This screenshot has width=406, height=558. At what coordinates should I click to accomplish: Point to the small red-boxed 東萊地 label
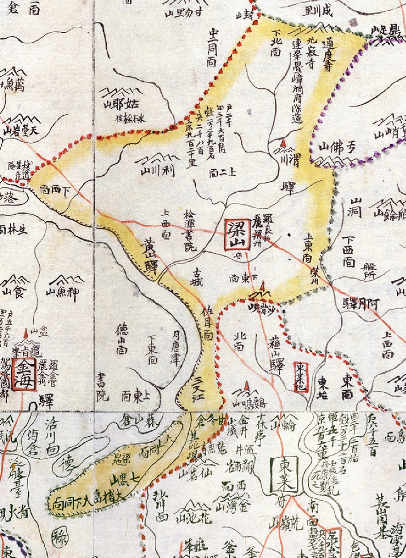click(x=301, y=377)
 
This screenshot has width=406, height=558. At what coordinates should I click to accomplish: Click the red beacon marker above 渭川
click(x=285, y=144)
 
